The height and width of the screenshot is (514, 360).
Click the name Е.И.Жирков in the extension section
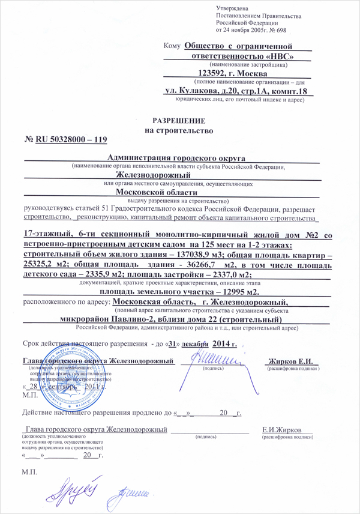coord(283,430)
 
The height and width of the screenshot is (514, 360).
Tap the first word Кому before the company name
coord(172,46)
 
